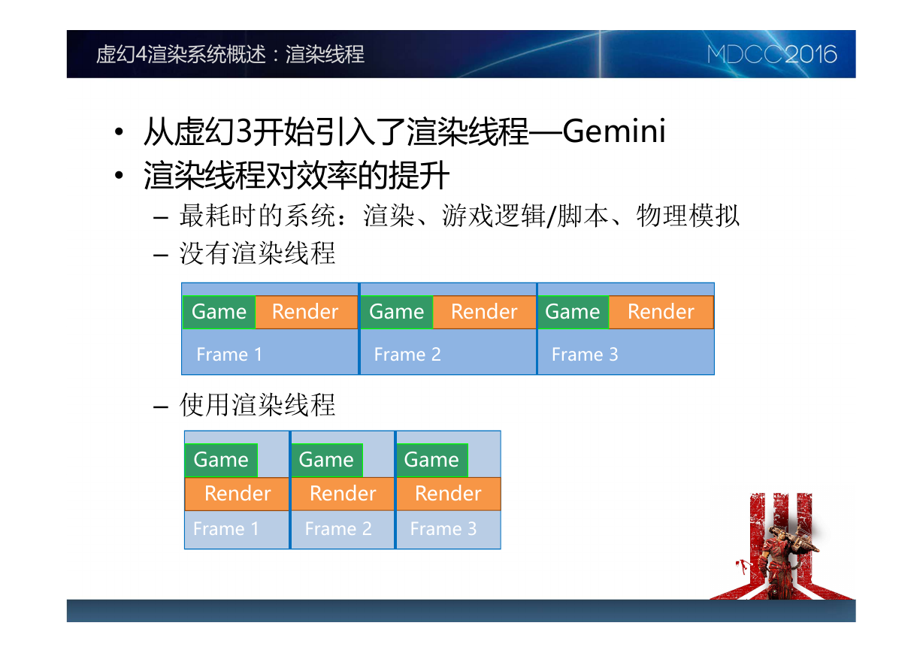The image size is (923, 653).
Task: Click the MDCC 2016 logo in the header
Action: tap(772, 54)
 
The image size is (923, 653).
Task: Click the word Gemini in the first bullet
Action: tap(614, 131)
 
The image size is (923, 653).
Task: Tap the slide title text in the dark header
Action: tap(230, 54)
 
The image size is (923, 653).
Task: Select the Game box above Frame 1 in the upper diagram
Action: tap(219, 312)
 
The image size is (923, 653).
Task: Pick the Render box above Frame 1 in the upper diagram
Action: tap(306, 312)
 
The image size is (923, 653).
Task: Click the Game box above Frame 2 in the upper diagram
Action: tap(397, 312)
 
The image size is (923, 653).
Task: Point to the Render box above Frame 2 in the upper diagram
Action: tap(484, 312)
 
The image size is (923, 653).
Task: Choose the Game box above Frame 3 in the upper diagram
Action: tap(573, 312)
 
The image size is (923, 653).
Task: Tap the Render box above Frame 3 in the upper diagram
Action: tap(661, 312)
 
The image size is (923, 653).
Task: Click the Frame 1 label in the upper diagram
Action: tap(229, 355)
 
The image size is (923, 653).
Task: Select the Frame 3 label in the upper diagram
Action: tap(585, 355)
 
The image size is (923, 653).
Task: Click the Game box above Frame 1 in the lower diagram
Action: tap(221, 460)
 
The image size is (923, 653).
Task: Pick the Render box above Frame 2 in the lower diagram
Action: tap(343, 494)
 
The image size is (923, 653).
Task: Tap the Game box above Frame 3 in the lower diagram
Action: tap(432, 460)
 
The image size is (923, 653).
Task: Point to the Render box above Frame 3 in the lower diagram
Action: tap(449, 494)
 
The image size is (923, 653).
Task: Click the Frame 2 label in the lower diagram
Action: tap(338, 528)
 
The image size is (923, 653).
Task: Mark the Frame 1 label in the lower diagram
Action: tap(226, 528)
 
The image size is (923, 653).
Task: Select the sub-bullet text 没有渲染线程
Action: tap(258, 253)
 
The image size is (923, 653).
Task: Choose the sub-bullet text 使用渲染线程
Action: tap(258, 405)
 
